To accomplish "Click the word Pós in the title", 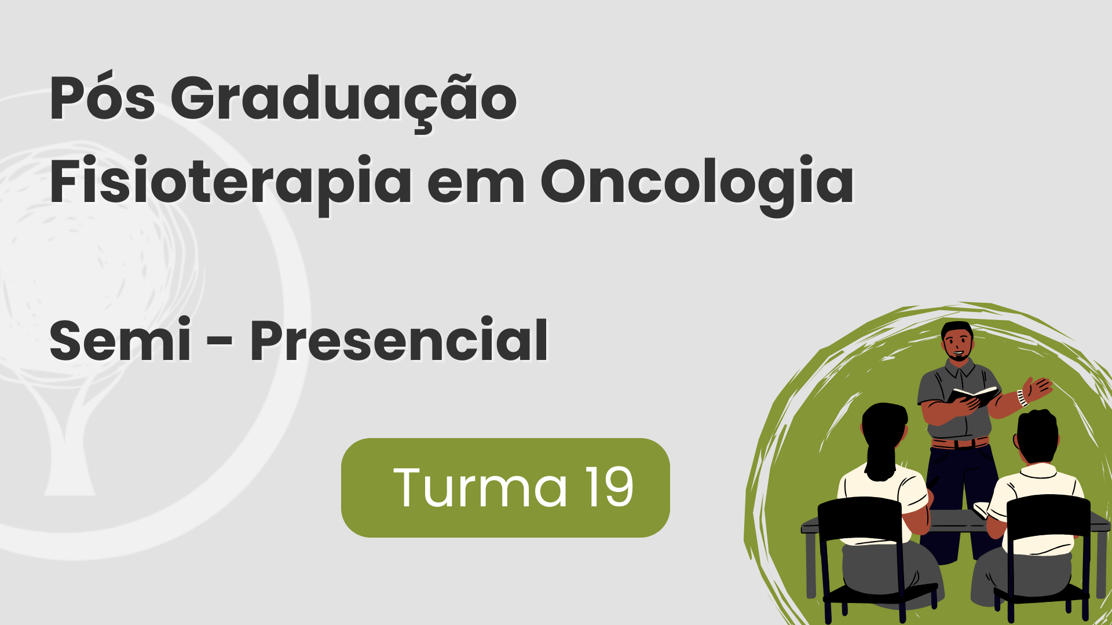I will [102, 99].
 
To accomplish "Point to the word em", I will [475, 184].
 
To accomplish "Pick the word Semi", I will [120, 341].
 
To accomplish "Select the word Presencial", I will [398, 341].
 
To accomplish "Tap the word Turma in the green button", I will [480, 488].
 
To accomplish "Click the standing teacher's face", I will [957, 344].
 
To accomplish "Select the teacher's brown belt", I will [960, 443].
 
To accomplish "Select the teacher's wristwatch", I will [1022, 398].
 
